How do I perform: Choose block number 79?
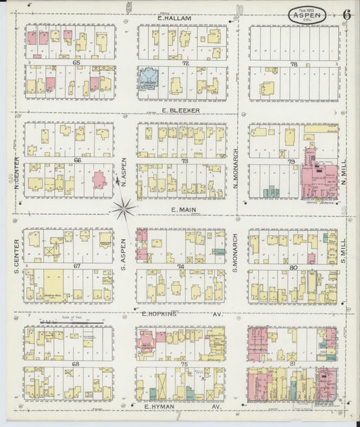(292, 161)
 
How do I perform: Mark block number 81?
(292, 365)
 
